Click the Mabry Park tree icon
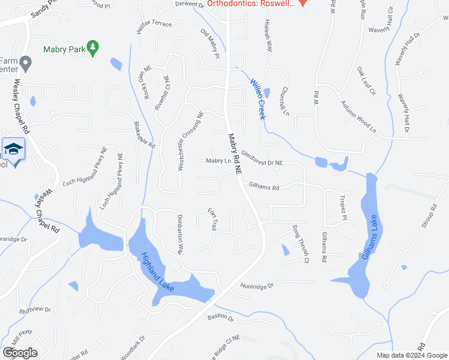[92, 47]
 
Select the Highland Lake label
[157, 272]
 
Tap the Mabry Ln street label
[218, 161]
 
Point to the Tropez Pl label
[343, 207]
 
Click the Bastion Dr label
[220, 317]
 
